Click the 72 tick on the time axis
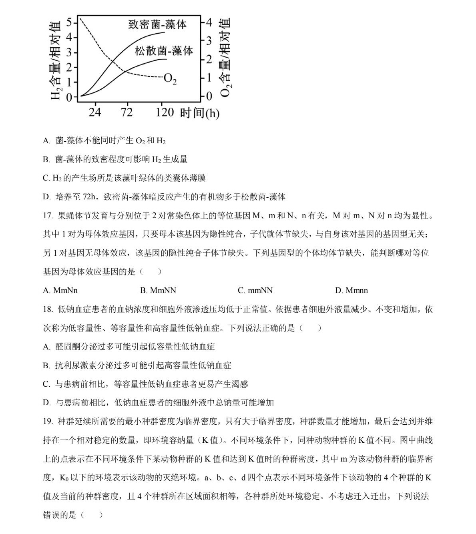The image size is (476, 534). [x=127, y=112]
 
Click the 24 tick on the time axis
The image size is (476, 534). [x=94, y=112]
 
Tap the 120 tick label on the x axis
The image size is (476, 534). [x=164, y=112]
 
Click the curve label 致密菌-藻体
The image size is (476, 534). [x=157, y=24]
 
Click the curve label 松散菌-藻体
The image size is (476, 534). [x=164, y=51]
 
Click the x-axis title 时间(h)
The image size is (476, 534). [x=200, y=113]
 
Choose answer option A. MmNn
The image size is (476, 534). [x=60, y=290]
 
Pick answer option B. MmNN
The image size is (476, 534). [x=158, y=290]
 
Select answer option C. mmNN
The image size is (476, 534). [x=255, y=290]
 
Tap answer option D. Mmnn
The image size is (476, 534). [x=351, y=290]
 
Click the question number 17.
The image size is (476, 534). [x=48, y=216]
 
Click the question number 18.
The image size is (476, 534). [x=48, y=309]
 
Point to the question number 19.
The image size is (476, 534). [x=48, y=422]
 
